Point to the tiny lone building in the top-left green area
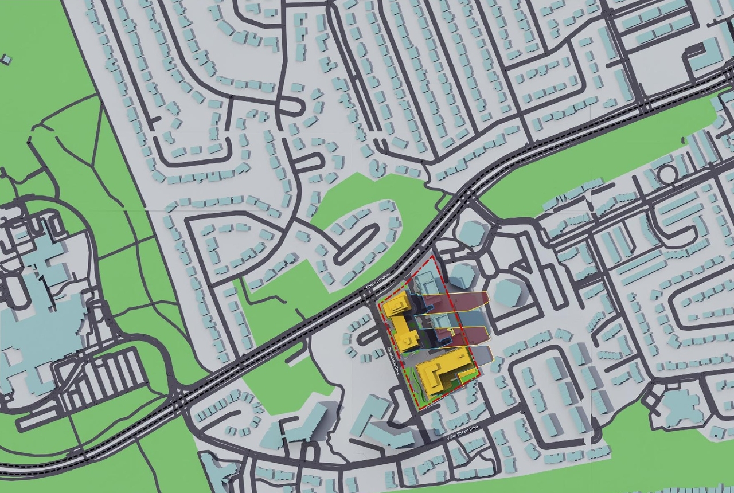click(6, 59)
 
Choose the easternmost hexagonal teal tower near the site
click(507, 292)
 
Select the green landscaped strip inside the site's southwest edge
click(417, 390)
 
